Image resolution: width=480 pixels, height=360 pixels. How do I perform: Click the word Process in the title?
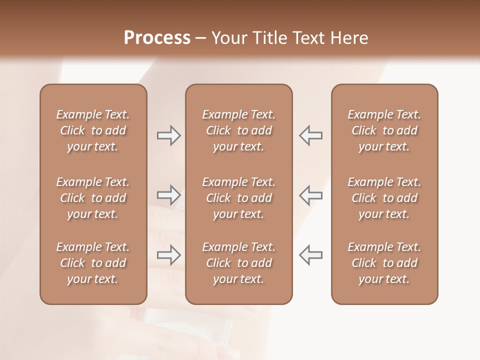click(x=157, y=38)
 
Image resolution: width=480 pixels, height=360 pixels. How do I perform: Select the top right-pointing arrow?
click(x=169, y=135)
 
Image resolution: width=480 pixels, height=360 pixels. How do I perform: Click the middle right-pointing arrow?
click(x=169, y=195)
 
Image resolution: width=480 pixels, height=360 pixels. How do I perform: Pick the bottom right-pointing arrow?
click(x=169, y=255)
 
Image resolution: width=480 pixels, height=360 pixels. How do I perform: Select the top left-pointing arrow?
click(x=310, y=135)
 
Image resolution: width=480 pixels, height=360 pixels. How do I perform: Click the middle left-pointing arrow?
click(x=310, y=195)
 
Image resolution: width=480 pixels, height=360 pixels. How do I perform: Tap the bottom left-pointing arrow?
click(x=310, y=255)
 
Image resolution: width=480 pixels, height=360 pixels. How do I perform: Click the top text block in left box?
click(x=92, y=130)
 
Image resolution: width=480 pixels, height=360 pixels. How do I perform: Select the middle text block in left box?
click(x=92, y=198)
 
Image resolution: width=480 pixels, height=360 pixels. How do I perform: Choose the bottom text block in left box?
click(x=92, y=263)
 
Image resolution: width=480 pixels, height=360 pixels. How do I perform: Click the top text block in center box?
click(x=238, y=130)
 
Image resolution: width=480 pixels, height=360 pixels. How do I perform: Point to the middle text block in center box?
click(x=238, y=198)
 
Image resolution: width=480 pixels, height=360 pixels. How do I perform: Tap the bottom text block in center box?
click(x=238, y=263)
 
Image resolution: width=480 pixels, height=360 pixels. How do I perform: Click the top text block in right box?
click(x=384, y=130)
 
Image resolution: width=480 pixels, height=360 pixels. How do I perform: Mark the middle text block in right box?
click(x=384, y=198)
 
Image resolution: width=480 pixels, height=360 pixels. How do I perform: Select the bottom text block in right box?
click(x=384, y=263)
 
